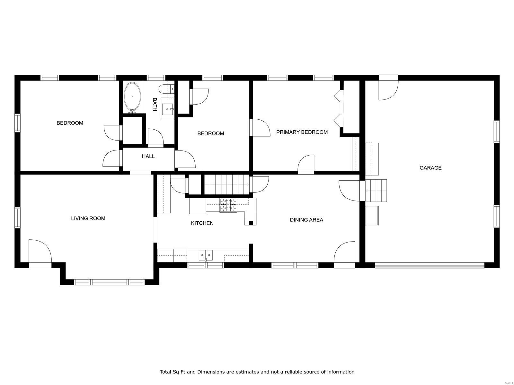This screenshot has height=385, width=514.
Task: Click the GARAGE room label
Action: pos(430,167)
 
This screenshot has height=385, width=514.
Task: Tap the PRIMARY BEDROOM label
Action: pos(302,132)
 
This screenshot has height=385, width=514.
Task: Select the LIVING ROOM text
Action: pos(88,218)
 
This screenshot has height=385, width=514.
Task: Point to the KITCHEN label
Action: pos(202,223)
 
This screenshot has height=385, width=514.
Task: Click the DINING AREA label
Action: pos(306,220)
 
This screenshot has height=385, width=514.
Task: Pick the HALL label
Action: pos(148,156)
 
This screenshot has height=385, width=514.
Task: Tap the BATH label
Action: pos(155,105)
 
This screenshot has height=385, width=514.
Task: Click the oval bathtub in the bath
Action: pos(133,97)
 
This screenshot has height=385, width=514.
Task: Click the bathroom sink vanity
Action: pos(168,112)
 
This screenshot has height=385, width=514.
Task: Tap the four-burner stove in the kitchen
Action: pos(228,205)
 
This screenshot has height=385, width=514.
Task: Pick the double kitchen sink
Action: pos(206,255)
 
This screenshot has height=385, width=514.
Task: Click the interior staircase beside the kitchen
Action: pos(227,184)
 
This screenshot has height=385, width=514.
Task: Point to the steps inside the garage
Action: pos(376,191)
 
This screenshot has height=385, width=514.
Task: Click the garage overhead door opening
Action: pos(430,265)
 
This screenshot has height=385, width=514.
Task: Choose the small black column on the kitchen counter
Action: pos(251,223)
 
